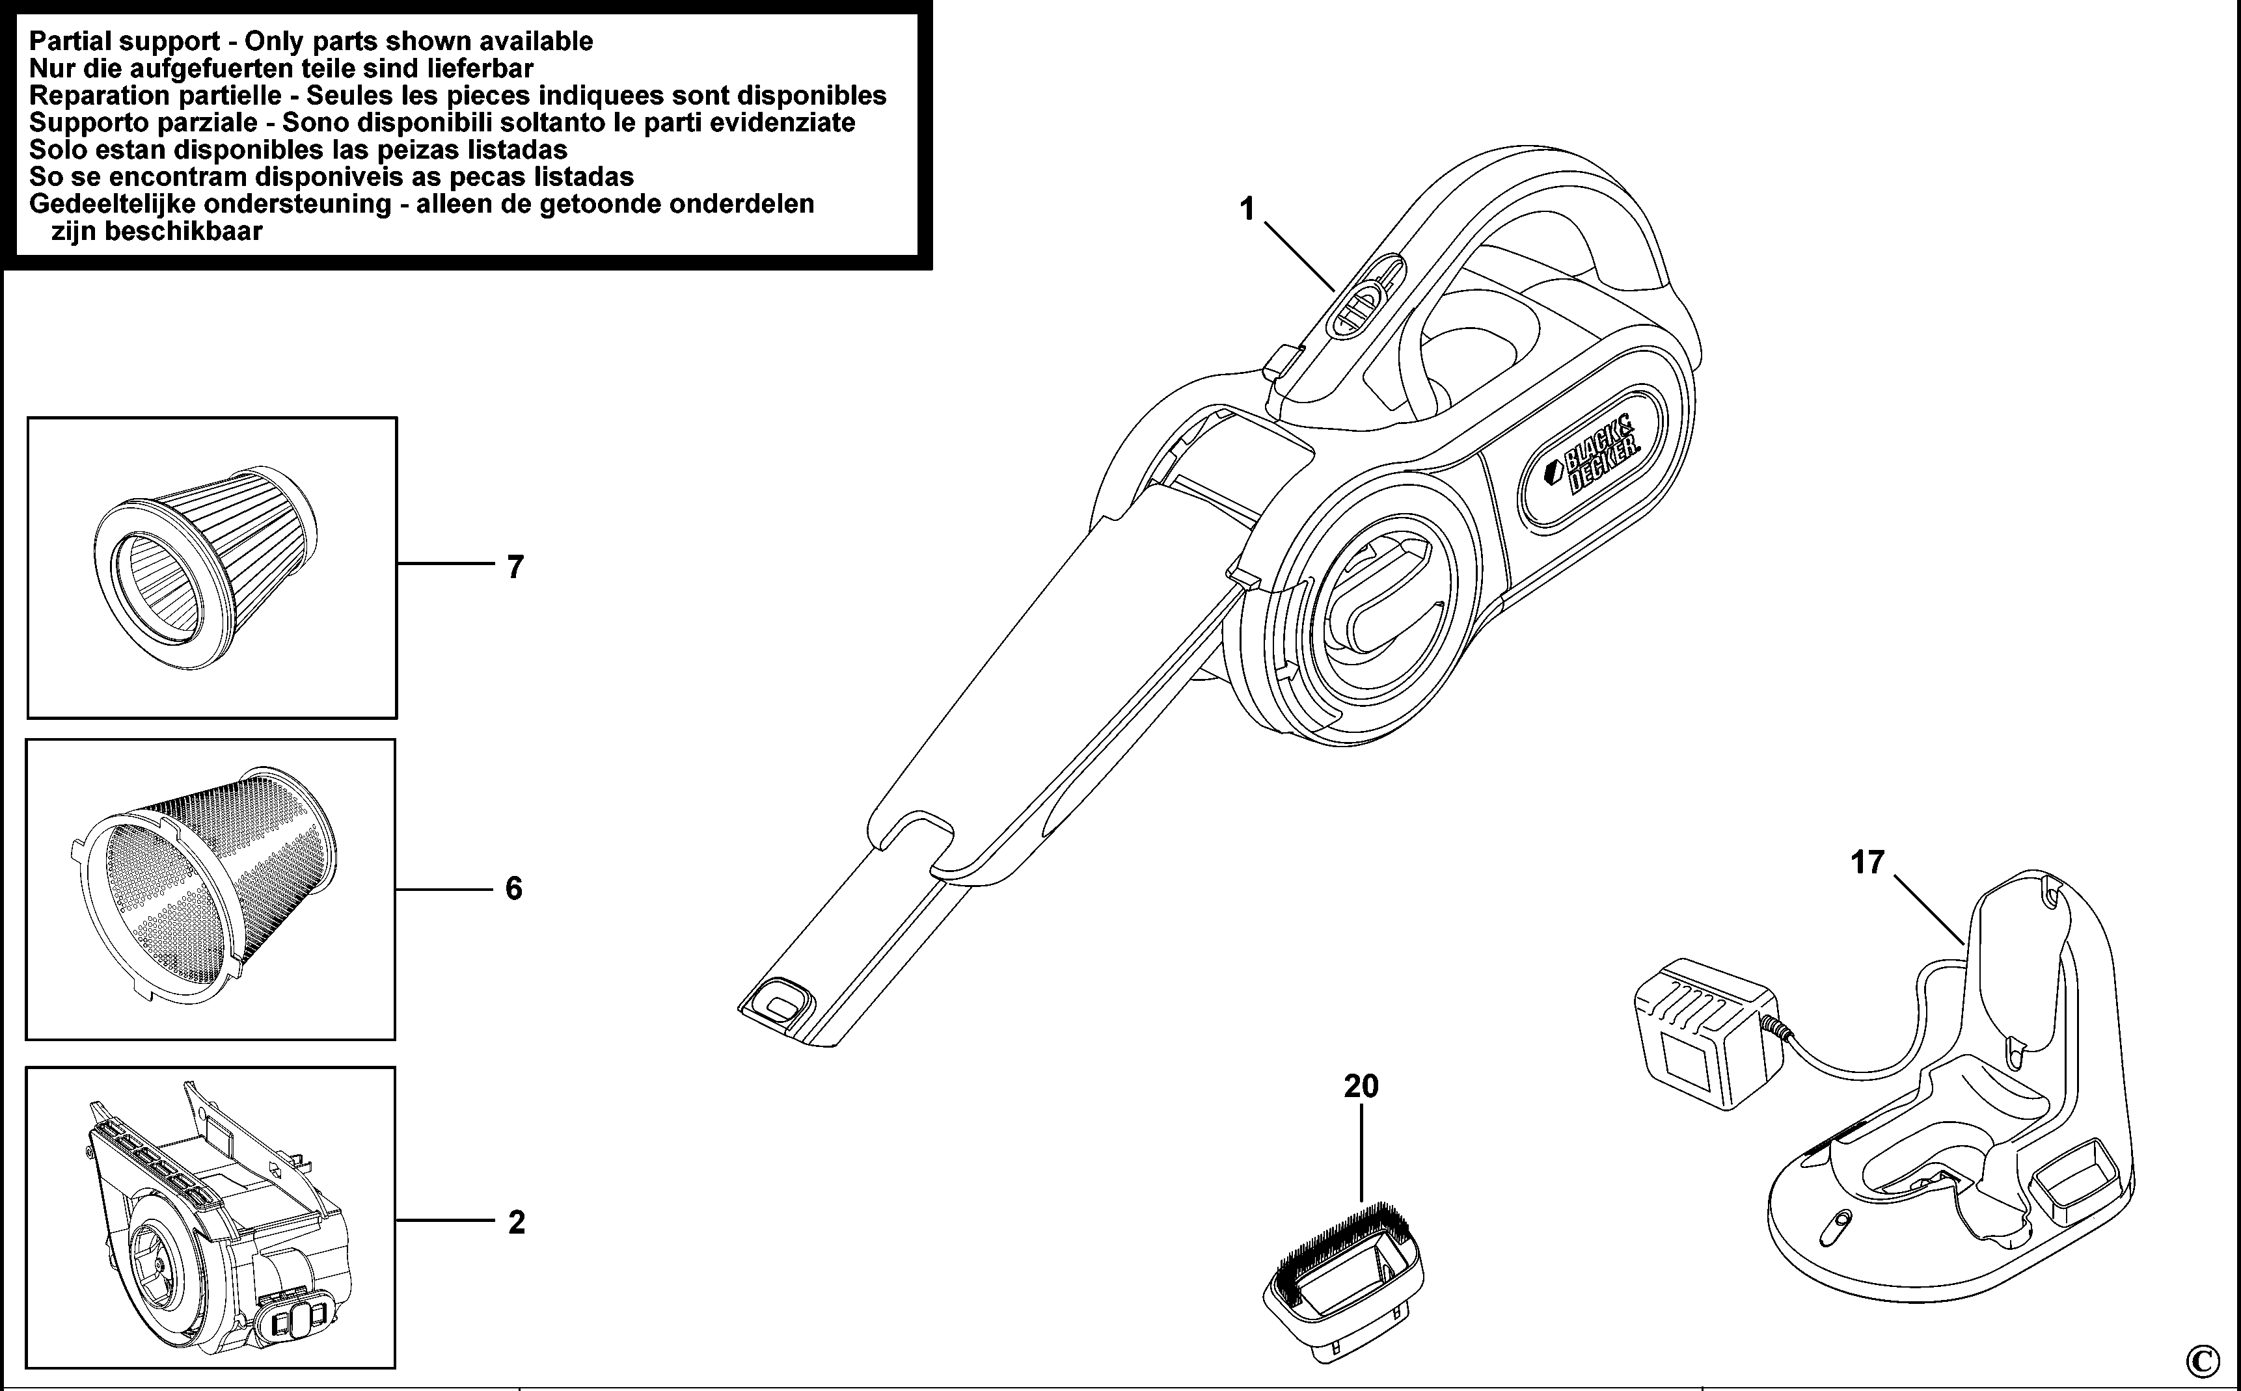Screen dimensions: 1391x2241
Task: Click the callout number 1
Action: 1247,210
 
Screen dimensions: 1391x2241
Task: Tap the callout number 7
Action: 515,566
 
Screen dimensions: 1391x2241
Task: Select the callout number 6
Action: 513,889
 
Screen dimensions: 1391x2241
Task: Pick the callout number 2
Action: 516,1222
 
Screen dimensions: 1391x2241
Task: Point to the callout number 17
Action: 1867,863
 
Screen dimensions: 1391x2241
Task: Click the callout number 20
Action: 1361,1087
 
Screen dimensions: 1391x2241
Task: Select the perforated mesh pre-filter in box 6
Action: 207,883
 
